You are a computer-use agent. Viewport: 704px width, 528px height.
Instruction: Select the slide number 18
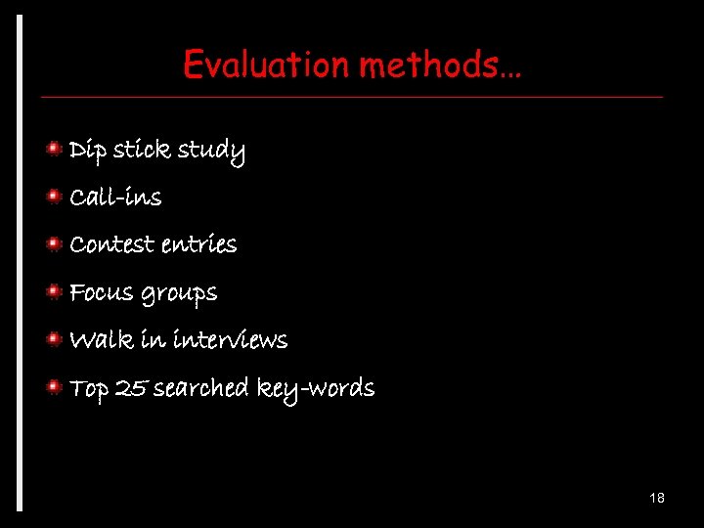(x=656, y=499)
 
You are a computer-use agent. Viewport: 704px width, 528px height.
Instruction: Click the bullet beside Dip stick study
(x=57, y=148)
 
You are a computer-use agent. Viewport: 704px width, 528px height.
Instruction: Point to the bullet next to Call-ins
(x=57, y=196)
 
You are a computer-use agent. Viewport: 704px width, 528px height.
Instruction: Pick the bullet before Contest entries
(x=57, y=242)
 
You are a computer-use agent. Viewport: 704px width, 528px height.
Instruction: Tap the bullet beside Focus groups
(x=57, y=290)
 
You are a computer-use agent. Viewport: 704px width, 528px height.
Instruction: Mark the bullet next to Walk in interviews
(x=57, y=338)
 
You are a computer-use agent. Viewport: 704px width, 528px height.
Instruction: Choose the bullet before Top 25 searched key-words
(x=57, y=386)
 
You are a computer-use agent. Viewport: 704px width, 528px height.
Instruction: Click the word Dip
(x=87, y=150)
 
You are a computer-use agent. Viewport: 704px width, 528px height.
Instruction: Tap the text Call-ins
(x=115, y=197)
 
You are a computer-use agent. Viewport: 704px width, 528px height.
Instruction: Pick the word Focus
(x=101, y=291)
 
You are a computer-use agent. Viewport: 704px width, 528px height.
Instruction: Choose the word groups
(x=179, y=293)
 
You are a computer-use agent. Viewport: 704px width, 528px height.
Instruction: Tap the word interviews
(x=230, y=340)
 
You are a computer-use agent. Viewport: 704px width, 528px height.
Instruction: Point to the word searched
(x=201, y=388)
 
